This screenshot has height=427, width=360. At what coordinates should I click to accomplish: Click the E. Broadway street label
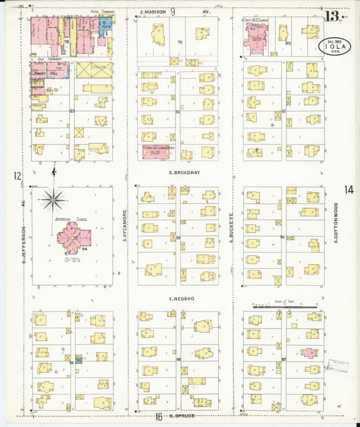tap(184, 173)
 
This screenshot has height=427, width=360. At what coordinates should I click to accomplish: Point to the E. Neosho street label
tap(183, 298)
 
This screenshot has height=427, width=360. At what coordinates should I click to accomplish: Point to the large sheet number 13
tap(332, 16)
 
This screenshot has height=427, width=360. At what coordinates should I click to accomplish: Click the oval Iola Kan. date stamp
tap(335, 47)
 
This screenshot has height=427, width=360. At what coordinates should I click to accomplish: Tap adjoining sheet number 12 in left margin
tap(17, 176)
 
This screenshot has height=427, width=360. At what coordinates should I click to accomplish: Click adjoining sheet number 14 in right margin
tap(348, 190)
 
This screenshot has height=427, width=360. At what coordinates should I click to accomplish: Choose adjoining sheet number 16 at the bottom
tap(159, 416)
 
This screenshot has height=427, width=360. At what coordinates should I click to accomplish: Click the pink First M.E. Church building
tap(257, 41)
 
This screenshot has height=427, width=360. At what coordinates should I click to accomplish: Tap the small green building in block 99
tap(79, 359)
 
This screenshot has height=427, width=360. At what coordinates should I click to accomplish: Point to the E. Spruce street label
tap(182, 416)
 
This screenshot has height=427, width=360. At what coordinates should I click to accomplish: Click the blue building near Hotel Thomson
tap(106, 26)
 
